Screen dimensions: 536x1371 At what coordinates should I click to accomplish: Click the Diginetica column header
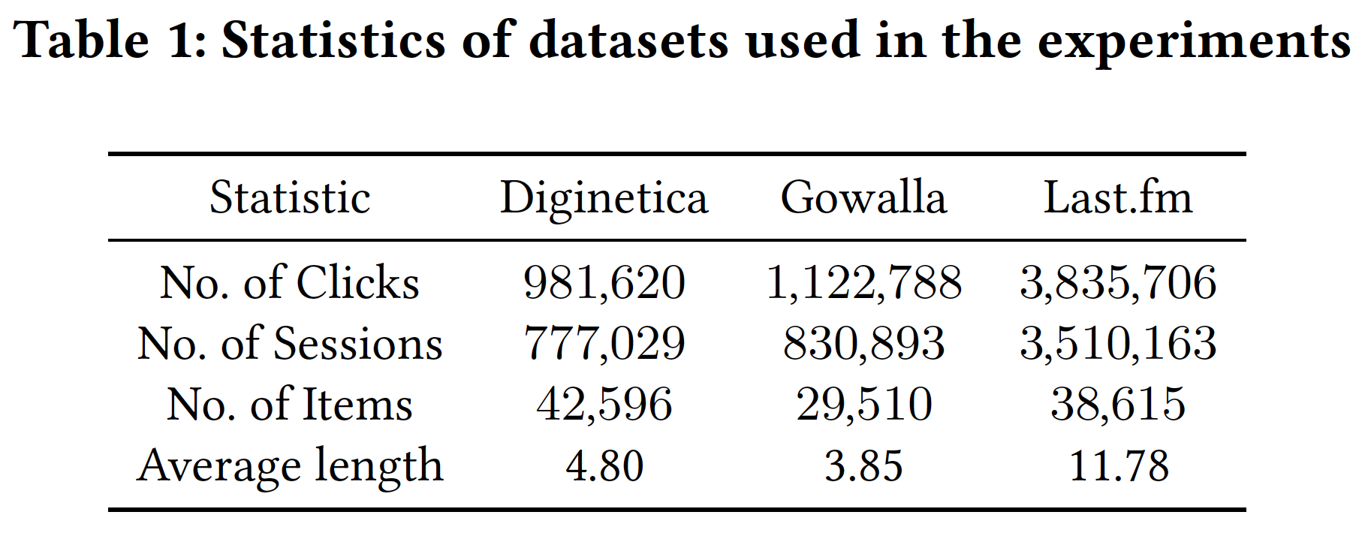[604, 198]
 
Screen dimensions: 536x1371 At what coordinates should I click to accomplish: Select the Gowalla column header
[863, 198]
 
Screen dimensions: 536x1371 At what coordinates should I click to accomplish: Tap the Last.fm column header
[1118, 198]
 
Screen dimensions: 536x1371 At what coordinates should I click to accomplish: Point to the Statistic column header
[290, 198]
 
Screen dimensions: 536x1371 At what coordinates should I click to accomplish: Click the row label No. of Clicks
[290, 283]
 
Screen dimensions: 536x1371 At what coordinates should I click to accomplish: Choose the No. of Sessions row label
[290, 344]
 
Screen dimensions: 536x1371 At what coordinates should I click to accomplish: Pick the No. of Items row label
[290, 405]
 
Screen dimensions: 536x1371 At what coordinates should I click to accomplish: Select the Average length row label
[290, 466]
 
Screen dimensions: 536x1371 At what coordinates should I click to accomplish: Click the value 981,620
[604, 283]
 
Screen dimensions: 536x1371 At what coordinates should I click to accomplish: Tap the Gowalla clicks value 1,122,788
[863, 283]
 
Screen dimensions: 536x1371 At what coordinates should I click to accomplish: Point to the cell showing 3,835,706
[1118, 283]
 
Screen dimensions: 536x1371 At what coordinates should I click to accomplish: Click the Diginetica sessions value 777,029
[604, 344]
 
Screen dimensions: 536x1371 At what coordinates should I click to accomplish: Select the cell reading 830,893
[863, 344]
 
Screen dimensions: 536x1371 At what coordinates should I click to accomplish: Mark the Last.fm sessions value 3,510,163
[1118, 344]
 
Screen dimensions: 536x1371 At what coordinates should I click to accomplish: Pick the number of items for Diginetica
[604, 405]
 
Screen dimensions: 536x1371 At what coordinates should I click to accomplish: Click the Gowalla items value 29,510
[863, 405]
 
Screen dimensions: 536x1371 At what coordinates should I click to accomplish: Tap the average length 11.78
[1118, 466]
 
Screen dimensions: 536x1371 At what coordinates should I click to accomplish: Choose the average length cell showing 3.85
[863, 466]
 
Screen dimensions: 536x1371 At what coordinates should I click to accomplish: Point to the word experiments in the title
[1194, 42]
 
